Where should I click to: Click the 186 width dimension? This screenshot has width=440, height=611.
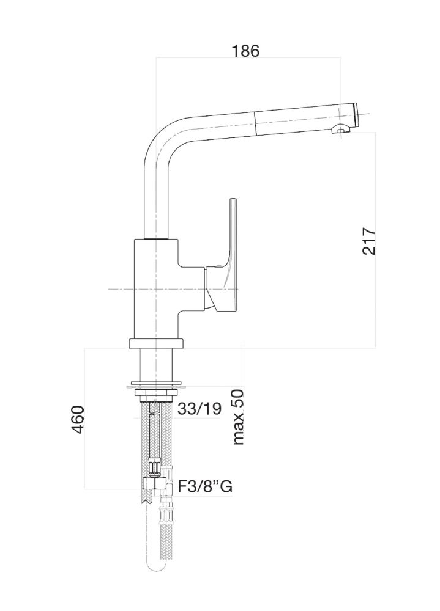click(246, 51)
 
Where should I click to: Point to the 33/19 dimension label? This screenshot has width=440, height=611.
click(199, 409)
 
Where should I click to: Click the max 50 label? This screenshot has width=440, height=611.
click(237, 417)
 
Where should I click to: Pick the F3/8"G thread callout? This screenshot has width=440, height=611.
click(204, 487)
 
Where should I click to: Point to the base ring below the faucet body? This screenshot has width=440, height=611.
click(156, 343)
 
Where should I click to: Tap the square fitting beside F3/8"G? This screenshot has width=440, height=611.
click(150, 485)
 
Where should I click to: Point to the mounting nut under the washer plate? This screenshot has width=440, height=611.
click(156, 394)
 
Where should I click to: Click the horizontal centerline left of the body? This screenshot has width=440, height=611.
click(119, 288)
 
